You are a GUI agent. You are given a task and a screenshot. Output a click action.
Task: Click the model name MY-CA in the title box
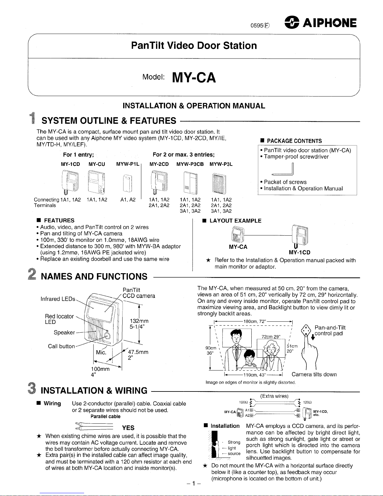[194, 78]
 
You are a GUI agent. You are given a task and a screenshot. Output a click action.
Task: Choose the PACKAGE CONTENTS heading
[293, 141]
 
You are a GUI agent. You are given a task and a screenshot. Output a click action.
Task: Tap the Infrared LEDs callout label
[58, 299]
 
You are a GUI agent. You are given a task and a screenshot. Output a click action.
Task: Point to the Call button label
[61, 346]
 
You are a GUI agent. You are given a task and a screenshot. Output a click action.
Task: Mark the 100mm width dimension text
[100, 369]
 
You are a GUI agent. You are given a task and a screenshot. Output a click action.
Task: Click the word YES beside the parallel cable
[128, 428]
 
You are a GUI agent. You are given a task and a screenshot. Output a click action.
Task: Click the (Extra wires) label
[274, 396]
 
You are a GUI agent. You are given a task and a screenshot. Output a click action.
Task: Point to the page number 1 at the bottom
[194, 483]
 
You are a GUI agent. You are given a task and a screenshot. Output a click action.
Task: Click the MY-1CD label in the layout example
[300, 253]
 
